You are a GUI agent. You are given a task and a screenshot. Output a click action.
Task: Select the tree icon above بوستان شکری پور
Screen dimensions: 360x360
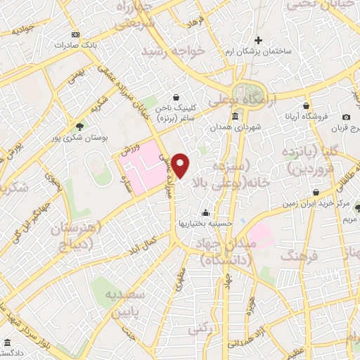tap(79, 127)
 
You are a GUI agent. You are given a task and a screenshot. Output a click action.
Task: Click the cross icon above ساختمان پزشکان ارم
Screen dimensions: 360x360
tap(259, 40)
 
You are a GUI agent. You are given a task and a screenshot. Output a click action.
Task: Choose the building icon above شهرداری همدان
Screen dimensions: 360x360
tap(234, 117)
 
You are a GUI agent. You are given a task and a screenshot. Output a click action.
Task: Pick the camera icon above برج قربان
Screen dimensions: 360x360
tap(346, 117)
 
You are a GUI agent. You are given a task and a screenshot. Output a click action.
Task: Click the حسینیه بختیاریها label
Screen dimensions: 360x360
tap(205, 224)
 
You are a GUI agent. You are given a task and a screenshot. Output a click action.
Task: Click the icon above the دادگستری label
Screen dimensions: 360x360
tap(6, 342)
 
